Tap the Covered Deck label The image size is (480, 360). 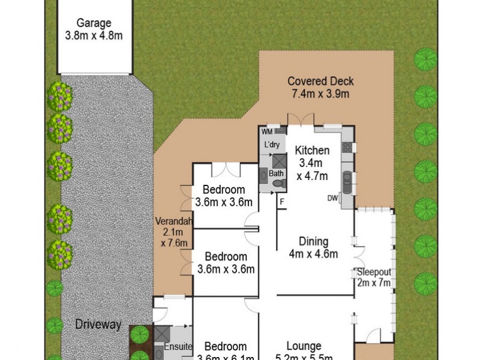point(320,81)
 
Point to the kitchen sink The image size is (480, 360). point(347,180)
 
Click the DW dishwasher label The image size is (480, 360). point(332,198)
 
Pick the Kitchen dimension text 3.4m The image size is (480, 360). point(311,163)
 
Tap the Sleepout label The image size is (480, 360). point(374,271)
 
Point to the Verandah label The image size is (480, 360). point(174,220)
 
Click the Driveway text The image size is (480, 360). point(98,325)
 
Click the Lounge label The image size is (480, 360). point(304,346)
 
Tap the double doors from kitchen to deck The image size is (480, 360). point(300,119)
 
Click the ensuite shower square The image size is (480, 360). point(163,334)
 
